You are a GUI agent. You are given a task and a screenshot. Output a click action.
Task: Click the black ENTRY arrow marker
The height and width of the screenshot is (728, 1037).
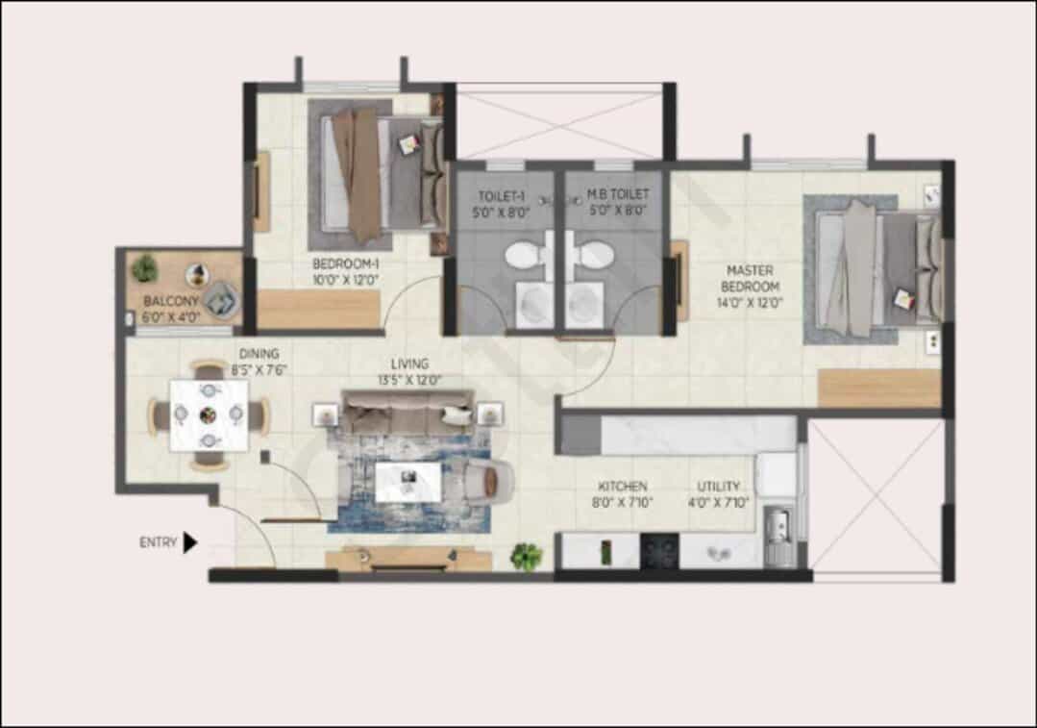pyautogui.click(x=189, y=542)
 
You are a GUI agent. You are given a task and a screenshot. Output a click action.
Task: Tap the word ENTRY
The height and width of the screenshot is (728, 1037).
pyautogui.click(x=158, y=542)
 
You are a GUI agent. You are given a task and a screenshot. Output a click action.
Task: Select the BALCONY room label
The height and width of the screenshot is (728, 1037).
pyautogui.click(x=171, y=301)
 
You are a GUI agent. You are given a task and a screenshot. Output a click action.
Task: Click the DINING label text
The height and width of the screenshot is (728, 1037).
pyautogui.click(x=259, y=354)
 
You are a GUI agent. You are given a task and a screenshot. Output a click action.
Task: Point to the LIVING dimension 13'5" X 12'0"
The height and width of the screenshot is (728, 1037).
pyautogui.click(x=410, y=380)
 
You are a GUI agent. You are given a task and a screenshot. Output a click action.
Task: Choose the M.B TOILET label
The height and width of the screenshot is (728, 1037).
pyautogui.click(x=618, y=194)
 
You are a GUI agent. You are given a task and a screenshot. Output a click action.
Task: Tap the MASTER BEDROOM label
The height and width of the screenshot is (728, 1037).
pyautogui.click(x=750, y=279)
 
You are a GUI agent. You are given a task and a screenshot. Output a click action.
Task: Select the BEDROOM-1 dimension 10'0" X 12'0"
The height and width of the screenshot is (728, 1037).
pyautogui.click(x=345, y=280)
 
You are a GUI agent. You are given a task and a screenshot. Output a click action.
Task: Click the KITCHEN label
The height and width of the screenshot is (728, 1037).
pyautogui.click(x=623, y=486)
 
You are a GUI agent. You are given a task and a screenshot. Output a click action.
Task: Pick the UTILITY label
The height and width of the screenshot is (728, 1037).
pyautogui.click(x=718, y=486)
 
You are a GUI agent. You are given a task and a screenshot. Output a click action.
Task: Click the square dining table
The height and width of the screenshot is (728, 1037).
pyautogui.click(x=209, y=414)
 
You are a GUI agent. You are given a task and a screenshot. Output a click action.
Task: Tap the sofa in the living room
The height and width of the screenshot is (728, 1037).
pyautogui.click(x=407, y=412)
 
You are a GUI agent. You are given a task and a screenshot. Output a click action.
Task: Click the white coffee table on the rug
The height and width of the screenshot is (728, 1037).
pyautogui.click(x=408, y=482)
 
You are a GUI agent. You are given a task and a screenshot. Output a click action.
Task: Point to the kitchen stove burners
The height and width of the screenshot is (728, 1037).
pyautogui.click(x=659, y=551)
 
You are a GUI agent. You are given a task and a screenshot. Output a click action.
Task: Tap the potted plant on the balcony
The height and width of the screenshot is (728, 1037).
pyautogui.click(x=144, y=268)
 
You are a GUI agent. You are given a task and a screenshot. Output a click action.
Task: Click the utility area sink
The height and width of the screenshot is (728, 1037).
pyautogui.click(x=780, y=527)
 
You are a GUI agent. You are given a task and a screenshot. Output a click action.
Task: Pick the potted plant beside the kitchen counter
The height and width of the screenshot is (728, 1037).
pyautogui.click(x=527, y=557)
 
